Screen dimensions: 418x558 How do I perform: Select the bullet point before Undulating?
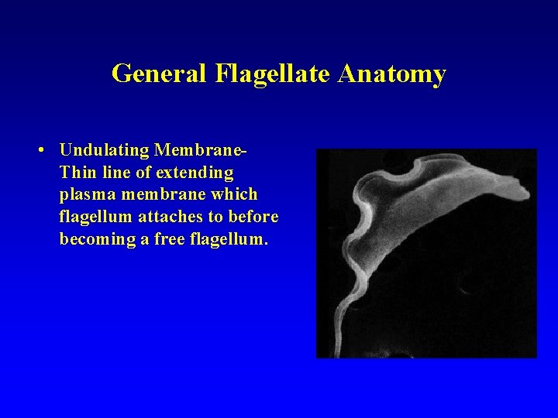(48, 148)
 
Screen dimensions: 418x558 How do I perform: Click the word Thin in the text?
(76, 171)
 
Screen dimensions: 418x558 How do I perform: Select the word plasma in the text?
(84, 194)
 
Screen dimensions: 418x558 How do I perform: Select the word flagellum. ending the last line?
(229, 238)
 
